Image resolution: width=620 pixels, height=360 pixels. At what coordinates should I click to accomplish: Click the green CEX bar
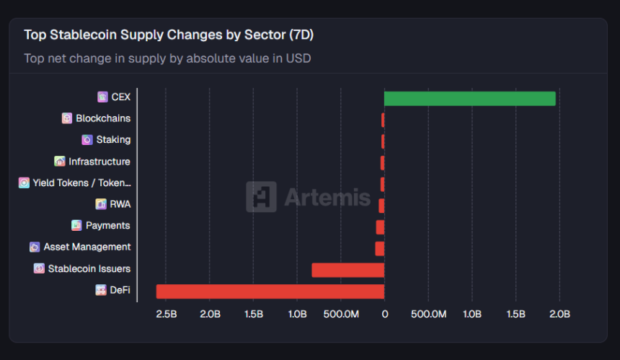tap(469, 98)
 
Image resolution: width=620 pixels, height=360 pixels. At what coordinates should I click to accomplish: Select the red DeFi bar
tap(270, 291)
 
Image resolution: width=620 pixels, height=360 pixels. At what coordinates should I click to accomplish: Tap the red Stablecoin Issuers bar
tap(347, 270)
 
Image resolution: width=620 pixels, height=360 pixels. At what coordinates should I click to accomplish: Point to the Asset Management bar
tap(379, 248)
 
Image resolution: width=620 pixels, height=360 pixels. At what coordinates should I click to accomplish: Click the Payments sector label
tap(107, 226)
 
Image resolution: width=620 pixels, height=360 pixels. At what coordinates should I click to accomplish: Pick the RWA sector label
tap(120, 204)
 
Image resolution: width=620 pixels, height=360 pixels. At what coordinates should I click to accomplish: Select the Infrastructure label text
tap(99, 162)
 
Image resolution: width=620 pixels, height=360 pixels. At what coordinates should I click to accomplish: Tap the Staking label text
tap(113, 140)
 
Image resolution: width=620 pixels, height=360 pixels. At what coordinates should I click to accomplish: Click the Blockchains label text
tap(103, 118)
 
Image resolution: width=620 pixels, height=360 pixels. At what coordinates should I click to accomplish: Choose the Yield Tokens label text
tap(81, 183)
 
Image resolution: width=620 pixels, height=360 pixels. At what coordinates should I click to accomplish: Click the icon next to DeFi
tap(101, 290)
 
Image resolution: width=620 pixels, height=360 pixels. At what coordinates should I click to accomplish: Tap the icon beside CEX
tap(102, 97)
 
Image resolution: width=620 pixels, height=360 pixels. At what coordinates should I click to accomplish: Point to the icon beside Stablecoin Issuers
tap(39, 268)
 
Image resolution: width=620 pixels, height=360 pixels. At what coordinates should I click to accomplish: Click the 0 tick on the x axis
tap(384, 315)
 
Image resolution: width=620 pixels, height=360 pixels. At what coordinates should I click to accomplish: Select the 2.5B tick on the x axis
tap(166, 315)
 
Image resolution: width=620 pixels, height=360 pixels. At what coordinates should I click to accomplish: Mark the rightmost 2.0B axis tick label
tap(559, 315)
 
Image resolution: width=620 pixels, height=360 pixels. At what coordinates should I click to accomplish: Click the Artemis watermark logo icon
tap(261, 196)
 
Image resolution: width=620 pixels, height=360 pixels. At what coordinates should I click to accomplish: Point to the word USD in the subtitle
tap(299, 58)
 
